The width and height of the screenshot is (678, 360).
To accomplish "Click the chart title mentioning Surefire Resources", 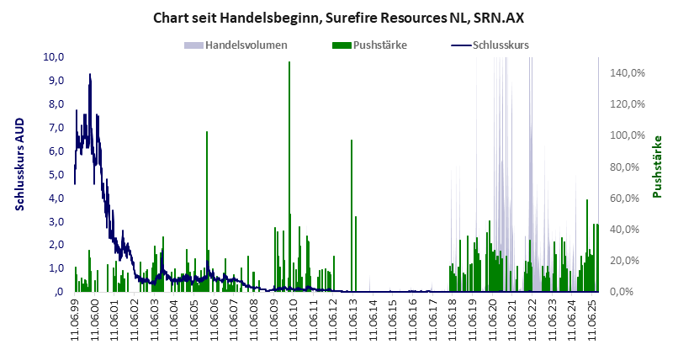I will click(x=339, y=16).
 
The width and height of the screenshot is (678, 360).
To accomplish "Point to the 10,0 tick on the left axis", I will click(x=55, y=56).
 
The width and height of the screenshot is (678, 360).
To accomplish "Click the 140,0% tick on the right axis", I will click(x=627, y=73).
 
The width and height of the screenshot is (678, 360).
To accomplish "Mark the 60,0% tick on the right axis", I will click(x=627, y=198).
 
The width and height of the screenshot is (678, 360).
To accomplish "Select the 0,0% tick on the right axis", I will click(x=627, y=292).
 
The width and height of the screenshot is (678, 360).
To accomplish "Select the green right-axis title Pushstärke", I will click(x=657, y=166).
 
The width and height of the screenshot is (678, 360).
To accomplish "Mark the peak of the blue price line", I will click(x=90, y=75).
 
